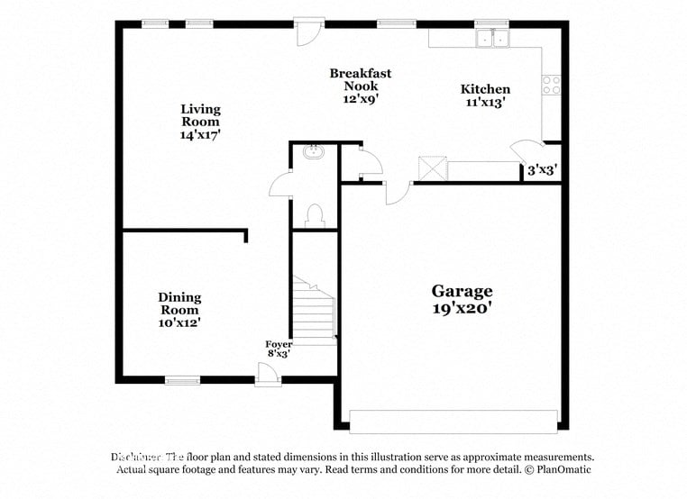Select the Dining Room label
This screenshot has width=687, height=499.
pos(179,309)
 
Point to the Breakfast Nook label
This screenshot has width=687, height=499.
pos(360,86)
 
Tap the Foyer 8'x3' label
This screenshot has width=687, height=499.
pos(278,349)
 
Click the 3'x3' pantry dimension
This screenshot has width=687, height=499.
pos(541,169)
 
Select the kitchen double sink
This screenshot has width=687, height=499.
pos(492,39)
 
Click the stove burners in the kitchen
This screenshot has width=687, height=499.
pos(551,85)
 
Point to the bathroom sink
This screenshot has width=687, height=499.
pos(315,152)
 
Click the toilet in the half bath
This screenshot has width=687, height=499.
pos(315,214)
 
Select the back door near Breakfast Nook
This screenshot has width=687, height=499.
pos(308,31)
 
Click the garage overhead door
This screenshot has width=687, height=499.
pos(453,421)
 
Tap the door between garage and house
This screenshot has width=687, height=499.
pos(395,190)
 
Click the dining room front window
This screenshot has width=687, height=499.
pos(183,380)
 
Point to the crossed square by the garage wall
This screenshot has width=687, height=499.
pos(433,169)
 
